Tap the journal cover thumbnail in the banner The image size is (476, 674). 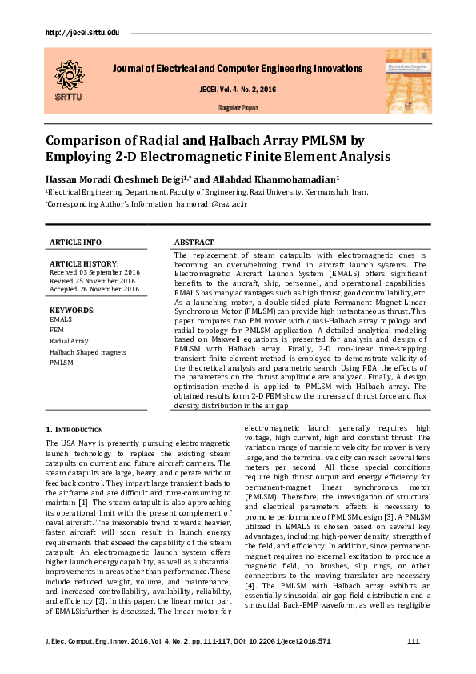point(407,78)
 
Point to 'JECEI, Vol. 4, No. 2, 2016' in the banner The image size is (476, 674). point(237,89)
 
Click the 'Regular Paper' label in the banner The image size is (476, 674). point(238,106)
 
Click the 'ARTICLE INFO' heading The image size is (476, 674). point(76,243)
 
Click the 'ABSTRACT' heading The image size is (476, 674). point(194,243)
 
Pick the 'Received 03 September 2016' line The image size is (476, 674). point(94,272)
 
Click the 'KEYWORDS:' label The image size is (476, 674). point(73,309)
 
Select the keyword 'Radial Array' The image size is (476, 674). point(69,341)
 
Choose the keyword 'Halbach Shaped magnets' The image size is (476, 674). point(86,351)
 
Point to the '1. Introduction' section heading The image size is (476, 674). point(74,430)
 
